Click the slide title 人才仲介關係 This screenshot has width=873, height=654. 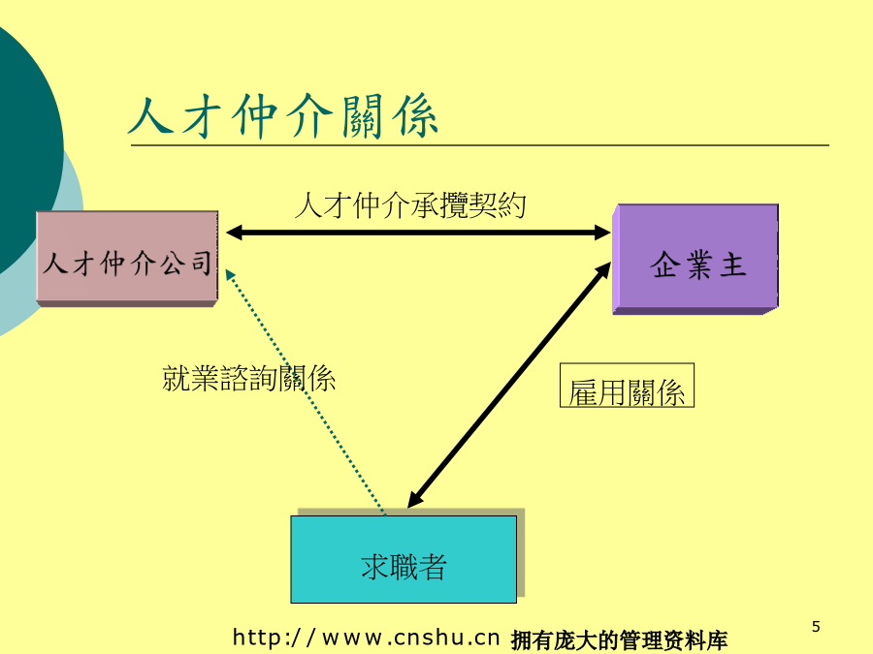tap(283, 116)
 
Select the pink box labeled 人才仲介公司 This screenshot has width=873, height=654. tap(127, 259)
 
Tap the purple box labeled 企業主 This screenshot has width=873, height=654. tap(695, 259)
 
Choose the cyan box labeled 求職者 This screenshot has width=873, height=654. tap(404, 559)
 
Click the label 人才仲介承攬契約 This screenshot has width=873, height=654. tap(410, 205)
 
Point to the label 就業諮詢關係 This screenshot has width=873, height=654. tap(249, 379)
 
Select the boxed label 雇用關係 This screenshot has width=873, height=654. tap(627, 386)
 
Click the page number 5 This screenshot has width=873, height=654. tap(816, 627)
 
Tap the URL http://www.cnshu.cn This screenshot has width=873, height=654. tap(366, 638)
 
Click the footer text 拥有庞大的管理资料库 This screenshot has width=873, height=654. tap(619, 640)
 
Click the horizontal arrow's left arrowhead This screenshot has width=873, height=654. tap(234, 233)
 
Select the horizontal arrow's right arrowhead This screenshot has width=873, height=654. tap(602, 233)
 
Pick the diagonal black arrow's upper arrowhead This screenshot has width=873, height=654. tap(604, 269)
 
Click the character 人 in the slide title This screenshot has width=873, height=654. tap(151, 116)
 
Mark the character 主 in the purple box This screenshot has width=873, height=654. tap(732, 265)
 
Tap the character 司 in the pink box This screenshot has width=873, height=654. tap(202, 263)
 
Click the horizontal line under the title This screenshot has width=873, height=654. tap(480, 145)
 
